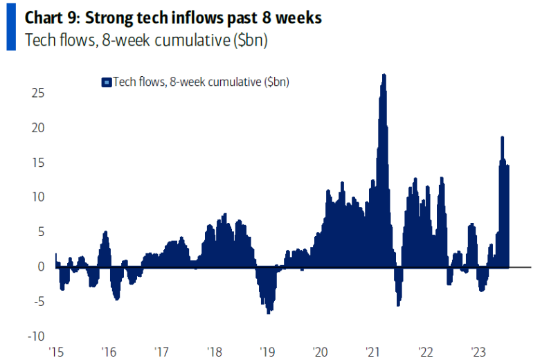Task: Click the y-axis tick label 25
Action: [39, 93]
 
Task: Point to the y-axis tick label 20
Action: [39, 127]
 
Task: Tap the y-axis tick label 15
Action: [39, 162]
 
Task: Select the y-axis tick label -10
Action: [37, 336]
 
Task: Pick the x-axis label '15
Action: [55, 350]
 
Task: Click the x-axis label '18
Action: [214, 350]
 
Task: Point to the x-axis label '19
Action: [267, 350]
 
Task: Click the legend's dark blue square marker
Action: [106, 82]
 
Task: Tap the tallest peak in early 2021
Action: [384, 75]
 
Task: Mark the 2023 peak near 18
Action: [502, 138]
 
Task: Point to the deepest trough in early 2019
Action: [268, 312]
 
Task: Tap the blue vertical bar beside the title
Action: [10, 28]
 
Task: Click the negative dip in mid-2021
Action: [398, 303]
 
